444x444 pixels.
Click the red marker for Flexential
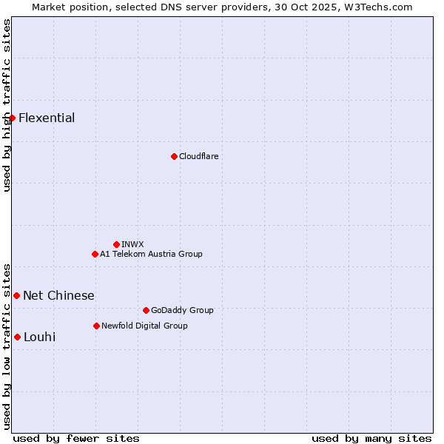12,118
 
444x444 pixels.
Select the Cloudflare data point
174,156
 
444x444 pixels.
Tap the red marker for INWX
116,244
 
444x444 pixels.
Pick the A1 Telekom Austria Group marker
95,254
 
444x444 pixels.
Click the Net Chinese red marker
16,295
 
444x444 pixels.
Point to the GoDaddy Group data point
146,310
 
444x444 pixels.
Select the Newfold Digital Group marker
96,326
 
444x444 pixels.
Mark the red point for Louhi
17,337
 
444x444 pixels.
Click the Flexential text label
47,118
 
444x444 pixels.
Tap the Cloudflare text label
198,156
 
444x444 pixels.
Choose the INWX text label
132,244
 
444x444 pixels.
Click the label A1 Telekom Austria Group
151,254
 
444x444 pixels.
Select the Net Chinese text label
58,296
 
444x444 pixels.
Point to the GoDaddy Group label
182,310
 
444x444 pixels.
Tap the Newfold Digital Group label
144,326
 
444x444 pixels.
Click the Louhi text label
39,337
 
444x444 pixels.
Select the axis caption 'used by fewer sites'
76,438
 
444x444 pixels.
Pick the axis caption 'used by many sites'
371,438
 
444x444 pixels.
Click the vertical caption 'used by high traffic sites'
7,105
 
